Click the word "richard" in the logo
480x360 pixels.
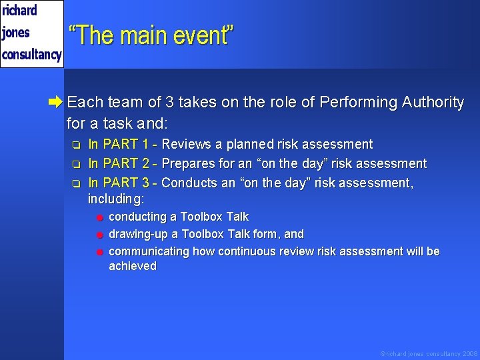20,10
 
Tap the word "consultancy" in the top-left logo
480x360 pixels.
31,54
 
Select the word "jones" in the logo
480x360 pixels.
16,32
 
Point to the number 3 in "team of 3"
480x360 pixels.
170,102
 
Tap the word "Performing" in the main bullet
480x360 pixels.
359,102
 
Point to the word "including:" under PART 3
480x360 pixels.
116,199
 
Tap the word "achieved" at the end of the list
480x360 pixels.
133,266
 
